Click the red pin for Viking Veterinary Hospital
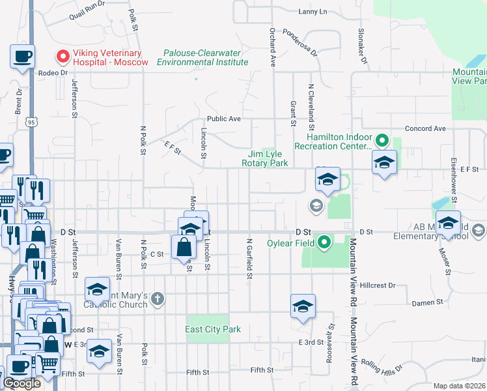pyautogui.click(x=63, y=57)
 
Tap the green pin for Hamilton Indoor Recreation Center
pyautogui.click(x=382, y=139)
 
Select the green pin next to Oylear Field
pyautogui.click(x=323, y=244)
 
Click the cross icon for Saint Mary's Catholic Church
pyautogui.click(x=156, y=298)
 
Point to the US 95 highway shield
pyautogui.click(x=33, y=121)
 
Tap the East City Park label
pyautogui.click(x=213, y=329)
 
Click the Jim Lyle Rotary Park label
pyautogui.click(x=264, y=158)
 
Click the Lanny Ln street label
pyautogui.click(x=313, y=11)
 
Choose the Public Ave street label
pyautogui.click(x=224, y=119)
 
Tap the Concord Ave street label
pyautogui.click(x=425, y=128)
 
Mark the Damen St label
pyautogui.click(x=428, y=302)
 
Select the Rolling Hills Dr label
pyautogui.click(x=377, y=366)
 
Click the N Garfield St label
pyautogui.click(x=249, y=258)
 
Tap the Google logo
pyautogui.click(x=21, y=383)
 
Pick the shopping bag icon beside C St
pyautogui.click(x=184, y=247)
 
